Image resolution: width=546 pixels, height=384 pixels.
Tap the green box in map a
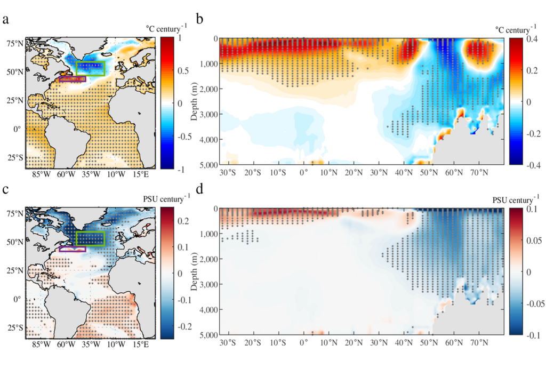pyautogui.click(x=90, y=68)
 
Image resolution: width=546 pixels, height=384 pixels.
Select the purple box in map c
pyautogui.click(x=72, y=249)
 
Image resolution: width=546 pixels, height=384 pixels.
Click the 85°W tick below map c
pyautogui.click(x=41, y=345)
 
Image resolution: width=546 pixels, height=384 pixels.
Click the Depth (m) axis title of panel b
pyautogui.click(x=195, y=101)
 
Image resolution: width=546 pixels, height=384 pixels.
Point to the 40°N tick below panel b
pyautogui.click(x=404, y=174)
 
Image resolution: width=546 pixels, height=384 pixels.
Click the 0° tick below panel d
pyautogui.click(x=304, y=345)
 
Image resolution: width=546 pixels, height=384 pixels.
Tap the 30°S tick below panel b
pyautogui.click(x=228, y=174)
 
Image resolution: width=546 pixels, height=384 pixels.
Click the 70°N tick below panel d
pyautogui.click(x=479, y=345)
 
